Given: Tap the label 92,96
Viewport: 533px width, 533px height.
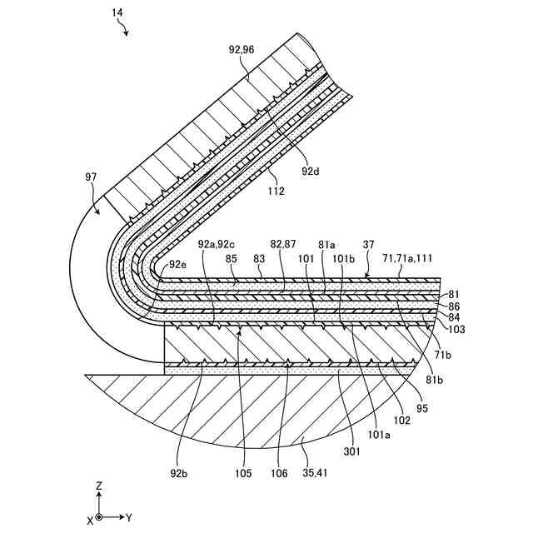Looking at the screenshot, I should pos(242,49).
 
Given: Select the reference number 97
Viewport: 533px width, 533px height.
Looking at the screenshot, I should pos(92,177).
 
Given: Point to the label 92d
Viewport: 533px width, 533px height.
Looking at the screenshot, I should pos(310,171).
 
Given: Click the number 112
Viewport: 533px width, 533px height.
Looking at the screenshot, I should pos(276,191).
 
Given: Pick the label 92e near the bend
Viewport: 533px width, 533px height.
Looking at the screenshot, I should pos(179,265).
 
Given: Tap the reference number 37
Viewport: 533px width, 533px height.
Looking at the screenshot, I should pos(368,244).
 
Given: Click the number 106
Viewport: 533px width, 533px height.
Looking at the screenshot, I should pos(278,474).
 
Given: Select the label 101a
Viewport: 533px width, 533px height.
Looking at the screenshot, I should pos(380,434).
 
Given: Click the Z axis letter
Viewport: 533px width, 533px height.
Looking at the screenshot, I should pos(98,485).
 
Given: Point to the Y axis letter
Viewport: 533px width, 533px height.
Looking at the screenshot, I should pos(129,518).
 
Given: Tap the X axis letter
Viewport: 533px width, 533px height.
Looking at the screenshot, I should pos(90,519).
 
